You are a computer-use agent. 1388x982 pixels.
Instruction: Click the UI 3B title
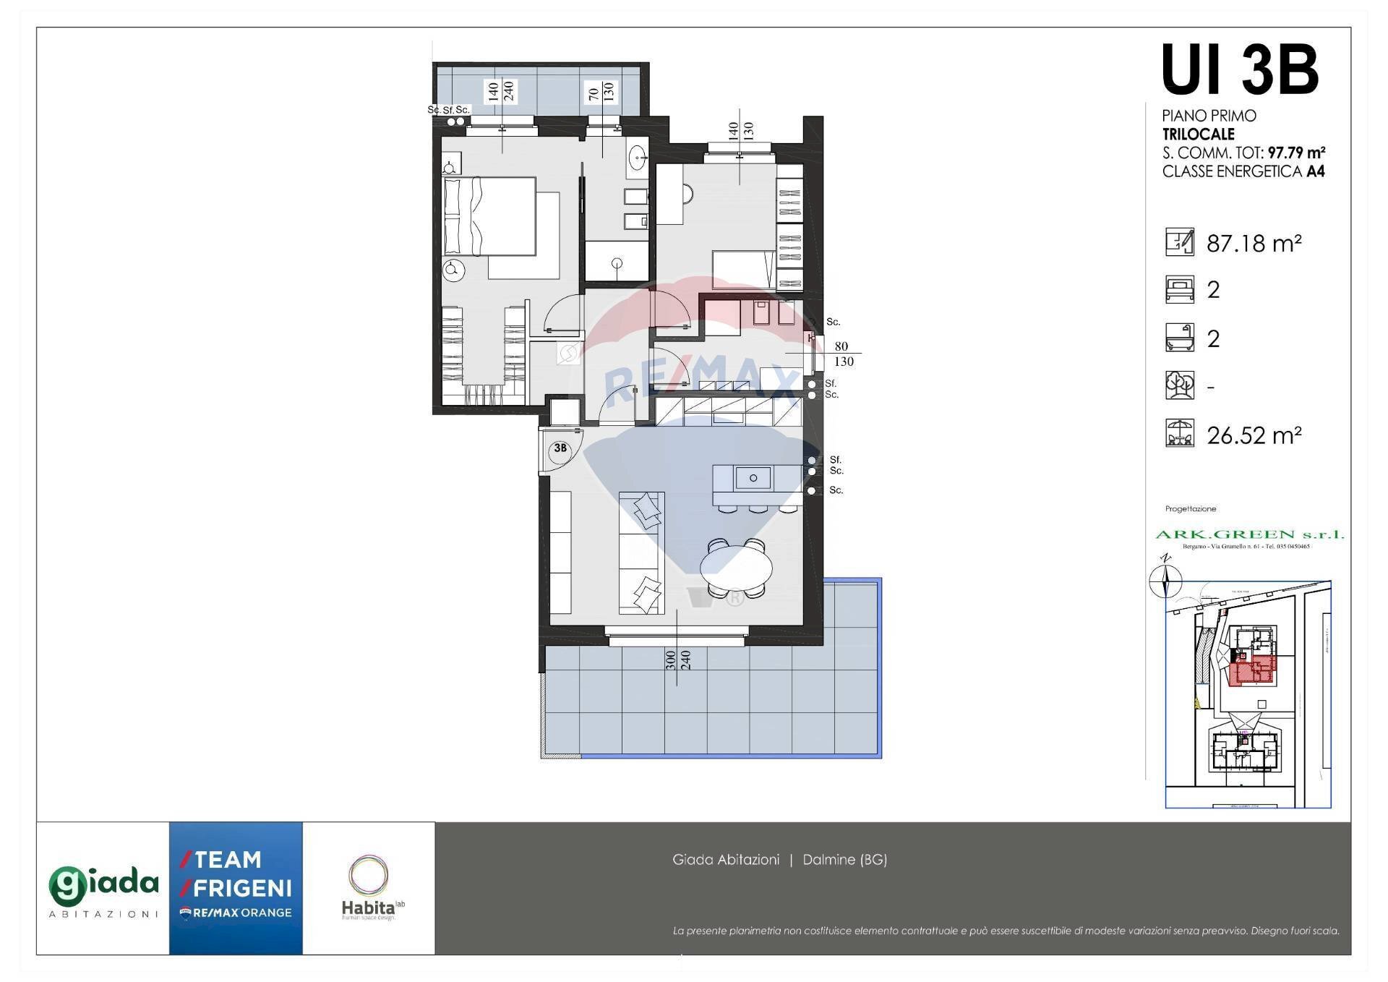1239,70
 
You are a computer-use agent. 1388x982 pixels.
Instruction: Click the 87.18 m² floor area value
1254,243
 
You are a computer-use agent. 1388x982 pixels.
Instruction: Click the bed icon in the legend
1179,289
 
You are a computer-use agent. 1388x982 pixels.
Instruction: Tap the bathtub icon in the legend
1179,338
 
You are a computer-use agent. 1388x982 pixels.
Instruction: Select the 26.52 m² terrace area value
1254,435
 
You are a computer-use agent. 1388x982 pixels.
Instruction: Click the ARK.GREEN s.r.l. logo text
1249,534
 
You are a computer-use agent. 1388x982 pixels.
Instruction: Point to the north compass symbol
1165,578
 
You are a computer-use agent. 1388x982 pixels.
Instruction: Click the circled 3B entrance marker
560,449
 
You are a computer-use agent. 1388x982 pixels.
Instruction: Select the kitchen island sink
753,478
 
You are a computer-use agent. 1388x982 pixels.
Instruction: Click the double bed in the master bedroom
489,216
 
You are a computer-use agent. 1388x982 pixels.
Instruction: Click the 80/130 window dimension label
842,354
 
